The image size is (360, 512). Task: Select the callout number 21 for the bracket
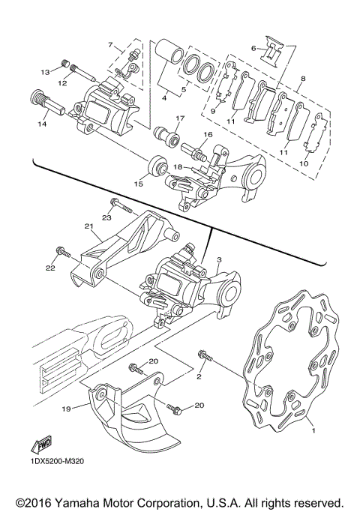(x=88, y=226)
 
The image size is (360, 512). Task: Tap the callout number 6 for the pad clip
(x=254, y=48)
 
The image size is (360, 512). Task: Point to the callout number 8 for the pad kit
(x=302, y=78)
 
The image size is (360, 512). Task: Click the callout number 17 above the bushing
(x=180, y=119)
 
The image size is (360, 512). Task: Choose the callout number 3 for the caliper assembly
(x=219, y=259)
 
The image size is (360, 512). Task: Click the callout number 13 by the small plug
(x=44, y=71)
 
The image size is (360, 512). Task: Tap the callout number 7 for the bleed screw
(x=109, y=45)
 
